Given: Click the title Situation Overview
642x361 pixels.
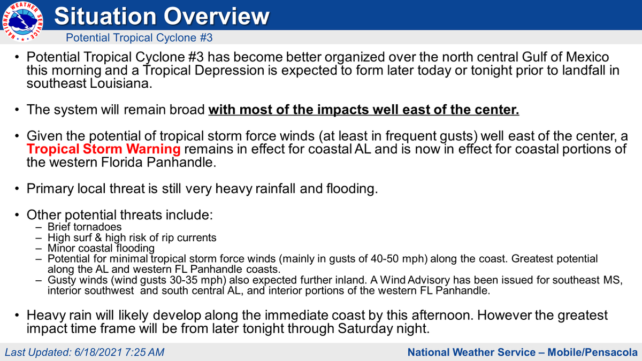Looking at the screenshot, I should pyautogui.click(x=162, y=16).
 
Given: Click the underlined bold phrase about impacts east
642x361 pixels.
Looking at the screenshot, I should pyautogui.click(x=364, y=110).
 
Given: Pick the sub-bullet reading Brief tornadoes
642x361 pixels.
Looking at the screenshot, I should pyautogui.click(x=85, y=227).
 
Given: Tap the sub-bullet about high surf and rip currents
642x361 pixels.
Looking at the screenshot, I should pyautogui.click(x=132, y=237).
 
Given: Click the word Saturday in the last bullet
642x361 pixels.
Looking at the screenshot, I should pyautogui.click(x=363, y=328).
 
